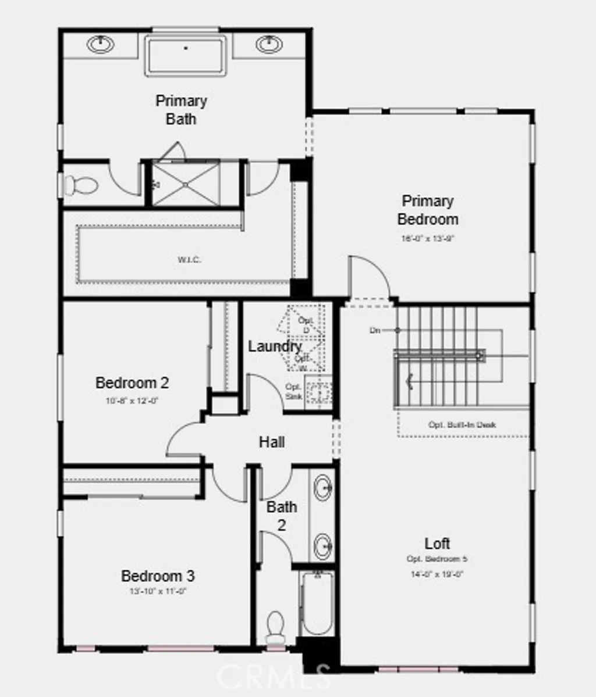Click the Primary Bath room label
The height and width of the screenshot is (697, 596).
(181, 110)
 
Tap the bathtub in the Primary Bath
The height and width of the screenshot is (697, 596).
(185, 55)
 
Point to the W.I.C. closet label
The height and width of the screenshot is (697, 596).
(190, 260)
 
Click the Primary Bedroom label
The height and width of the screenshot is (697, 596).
(428, 210)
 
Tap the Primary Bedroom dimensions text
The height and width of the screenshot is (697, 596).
(428, 238)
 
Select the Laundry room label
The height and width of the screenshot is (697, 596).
(274, 346)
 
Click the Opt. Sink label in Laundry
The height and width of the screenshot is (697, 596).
(293, 391)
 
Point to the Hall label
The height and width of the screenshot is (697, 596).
(272, 442)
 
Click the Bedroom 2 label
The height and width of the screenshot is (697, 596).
(132, 383)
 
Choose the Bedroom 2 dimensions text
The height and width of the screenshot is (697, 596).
(132, 401)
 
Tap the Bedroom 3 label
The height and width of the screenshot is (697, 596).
(158, 576)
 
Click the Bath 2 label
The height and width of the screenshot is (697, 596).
(282, 516)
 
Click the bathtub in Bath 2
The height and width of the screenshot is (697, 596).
(317, 603)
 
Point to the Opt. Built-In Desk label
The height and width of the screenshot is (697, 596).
(462, 425)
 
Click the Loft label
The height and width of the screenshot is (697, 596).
(437, 544)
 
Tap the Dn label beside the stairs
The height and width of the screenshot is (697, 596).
(375, 330)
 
